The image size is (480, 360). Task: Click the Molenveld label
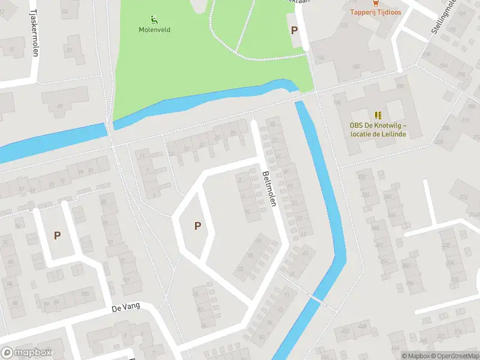[154, 29]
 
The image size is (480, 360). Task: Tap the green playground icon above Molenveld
[154, 19]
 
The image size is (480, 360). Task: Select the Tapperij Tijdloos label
[376, 12]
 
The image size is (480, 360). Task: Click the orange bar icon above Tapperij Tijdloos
[376, 2]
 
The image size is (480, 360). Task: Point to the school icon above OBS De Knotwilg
[378, 115]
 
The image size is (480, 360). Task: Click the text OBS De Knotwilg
[378, 125]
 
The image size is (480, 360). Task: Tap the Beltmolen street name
[269, 189]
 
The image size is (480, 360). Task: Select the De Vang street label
[125, 307]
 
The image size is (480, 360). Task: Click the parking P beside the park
[294, 30]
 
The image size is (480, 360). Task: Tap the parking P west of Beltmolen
[197, 226]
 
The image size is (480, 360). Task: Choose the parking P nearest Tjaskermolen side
[57, 236]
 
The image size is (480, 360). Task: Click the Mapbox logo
[26, 353]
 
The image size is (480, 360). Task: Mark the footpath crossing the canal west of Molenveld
[110, 127]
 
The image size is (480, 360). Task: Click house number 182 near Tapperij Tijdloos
[356, 67]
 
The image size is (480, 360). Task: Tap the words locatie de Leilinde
[378, 134]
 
